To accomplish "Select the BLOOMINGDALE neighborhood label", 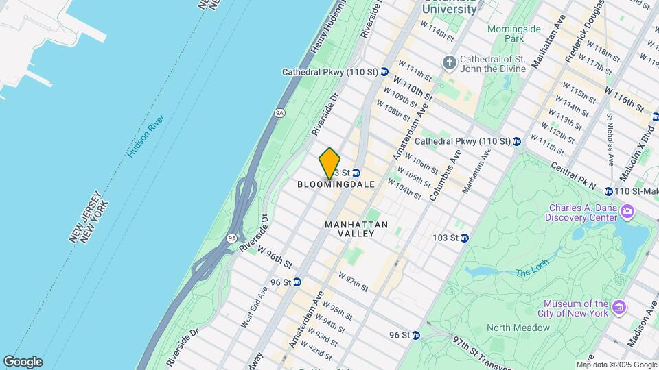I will click(x=336, y=184).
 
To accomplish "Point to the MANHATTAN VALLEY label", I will click(x=356, y=229).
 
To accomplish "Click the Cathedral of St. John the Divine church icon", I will click(x=450, y=63).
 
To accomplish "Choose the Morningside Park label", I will click(x=514, y=34).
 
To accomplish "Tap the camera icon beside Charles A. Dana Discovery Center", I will click(x=627, y=210).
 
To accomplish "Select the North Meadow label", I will click(x=518, y=328).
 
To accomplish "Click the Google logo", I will click(x=22, y=361).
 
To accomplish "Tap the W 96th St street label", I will click(x=275, y=258).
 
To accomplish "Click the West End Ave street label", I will click(x=254, y=306).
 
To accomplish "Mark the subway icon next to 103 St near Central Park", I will click(x=465, y=238).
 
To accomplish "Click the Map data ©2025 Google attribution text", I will click(x=616, y=365).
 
